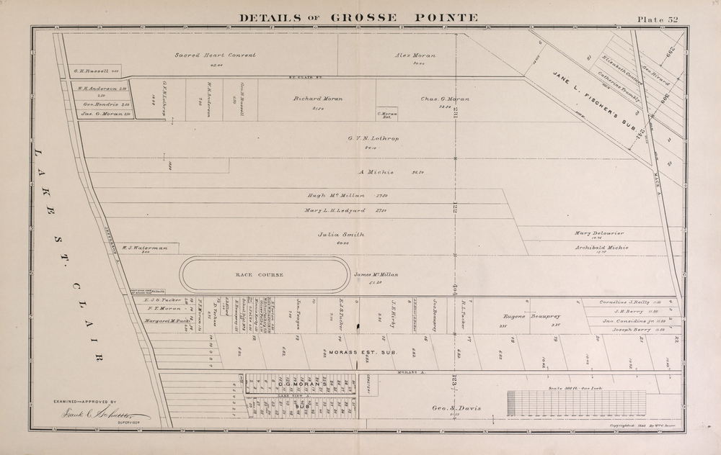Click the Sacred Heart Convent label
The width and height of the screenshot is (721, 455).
pyautogui.click(x=215, y=55)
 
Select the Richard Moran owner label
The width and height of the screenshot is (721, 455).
pyautogui.click(x=317, y=99)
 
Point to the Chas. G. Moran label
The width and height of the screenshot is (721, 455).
pyautogui.click(x=444, y=99)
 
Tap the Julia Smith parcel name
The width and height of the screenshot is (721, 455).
pyautogui.click(x=341, y=235)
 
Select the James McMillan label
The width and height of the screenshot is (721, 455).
pyautogui.click(x=376, y=275)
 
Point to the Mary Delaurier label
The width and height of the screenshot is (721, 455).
pyautogui.click(x=599, y=233)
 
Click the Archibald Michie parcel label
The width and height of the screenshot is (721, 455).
pyautogui.click(x=602, y=248)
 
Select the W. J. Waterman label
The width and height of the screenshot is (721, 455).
pyautogui.click(x=145, y=248)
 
